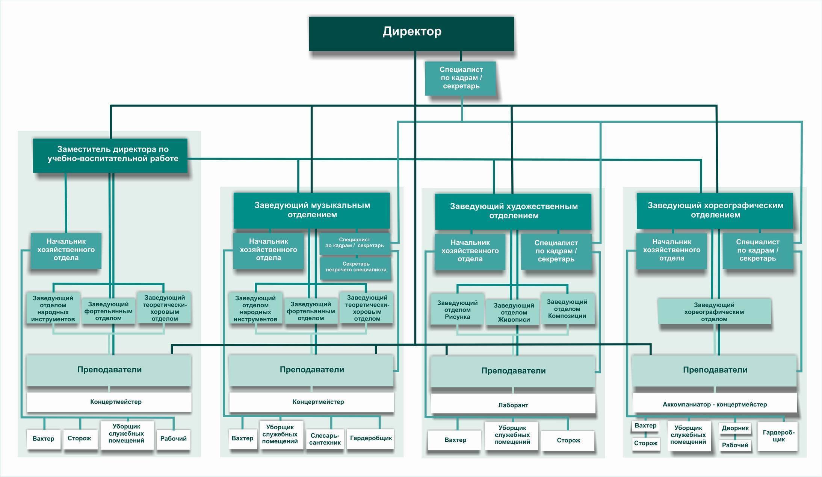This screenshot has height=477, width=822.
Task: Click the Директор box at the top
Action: point(411,33)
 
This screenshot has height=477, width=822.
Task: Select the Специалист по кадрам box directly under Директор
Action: point(461,78)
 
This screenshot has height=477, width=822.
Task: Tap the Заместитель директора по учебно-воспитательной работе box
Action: point(110,155)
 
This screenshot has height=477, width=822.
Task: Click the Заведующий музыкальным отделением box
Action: point(312,211)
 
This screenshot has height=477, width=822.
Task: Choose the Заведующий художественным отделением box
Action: point(513,211)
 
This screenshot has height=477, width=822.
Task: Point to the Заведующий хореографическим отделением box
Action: point(715,211)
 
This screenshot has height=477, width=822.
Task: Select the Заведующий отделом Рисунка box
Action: point(457,309)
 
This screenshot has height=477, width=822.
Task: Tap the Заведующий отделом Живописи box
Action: point(513,312)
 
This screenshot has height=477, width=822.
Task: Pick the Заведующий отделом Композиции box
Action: point(568,308)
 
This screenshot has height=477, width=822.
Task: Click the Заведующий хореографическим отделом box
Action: point(714,311)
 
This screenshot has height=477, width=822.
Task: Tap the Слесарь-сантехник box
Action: point(325,439)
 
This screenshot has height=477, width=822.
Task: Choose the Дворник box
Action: point(735,428)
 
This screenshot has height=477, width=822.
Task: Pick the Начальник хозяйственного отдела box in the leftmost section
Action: point(66,250)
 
